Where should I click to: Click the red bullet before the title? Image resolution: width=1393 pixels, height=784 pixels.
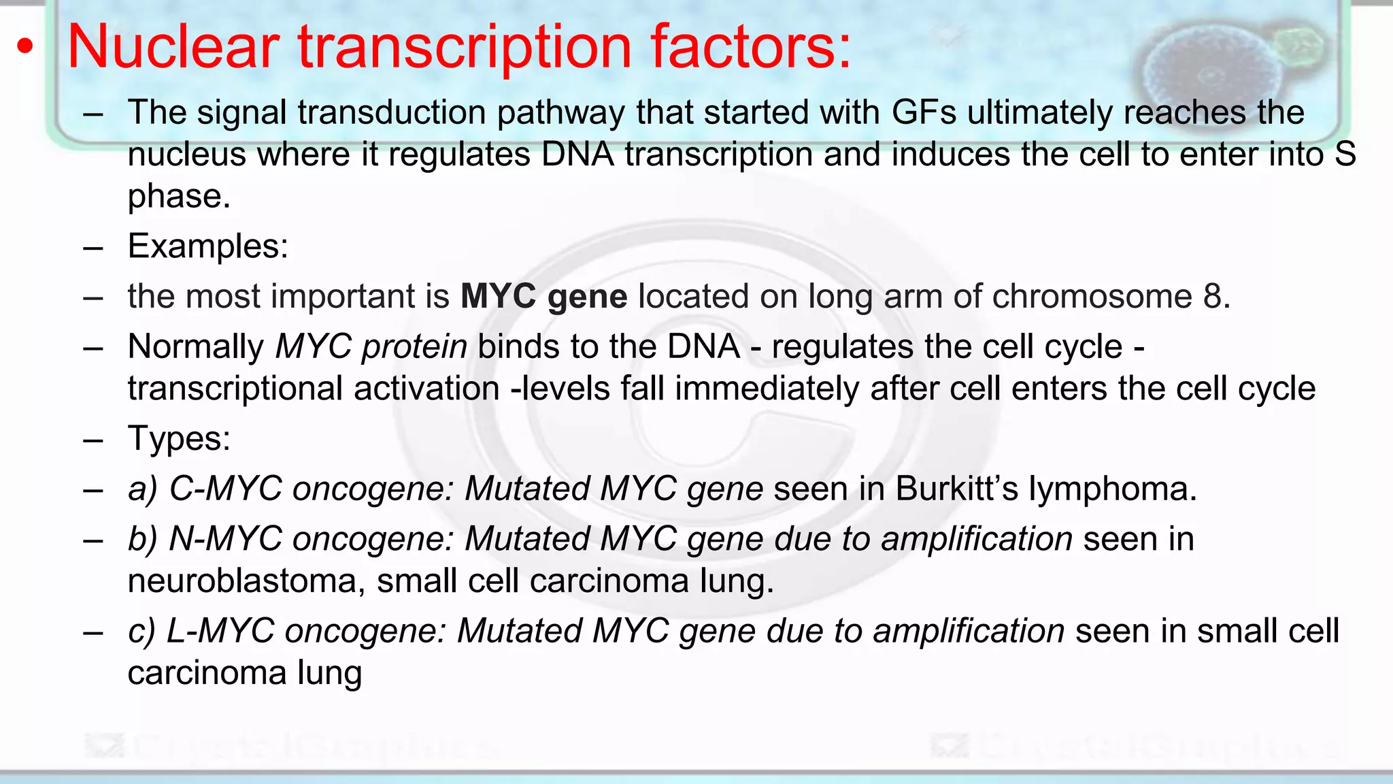25,48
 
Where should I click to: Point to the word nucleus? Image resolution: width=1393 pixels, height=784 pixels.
186,155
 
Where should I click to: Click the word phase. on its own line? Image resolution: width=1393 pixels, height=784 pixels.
179,197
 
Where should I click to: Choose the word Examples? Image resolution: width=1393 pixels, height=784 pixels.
207,246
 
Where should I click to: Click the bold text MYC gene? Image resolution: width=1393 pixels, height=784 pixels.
543,297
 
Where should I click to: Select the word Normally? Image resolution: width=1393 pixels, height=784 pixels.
195,347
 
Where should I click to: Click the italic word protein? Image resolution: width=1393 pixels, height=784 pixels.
414,347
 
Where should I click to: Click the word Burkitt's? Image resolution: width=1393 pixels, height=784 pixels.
956,489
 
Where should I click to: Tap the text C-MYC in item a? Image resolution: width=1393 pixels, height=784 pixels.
225,489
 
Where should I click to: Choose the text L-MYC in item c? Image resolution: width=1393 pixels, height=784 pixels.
220,631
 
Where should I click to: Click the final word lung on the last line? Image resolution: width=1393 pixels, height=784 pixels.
329,674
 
